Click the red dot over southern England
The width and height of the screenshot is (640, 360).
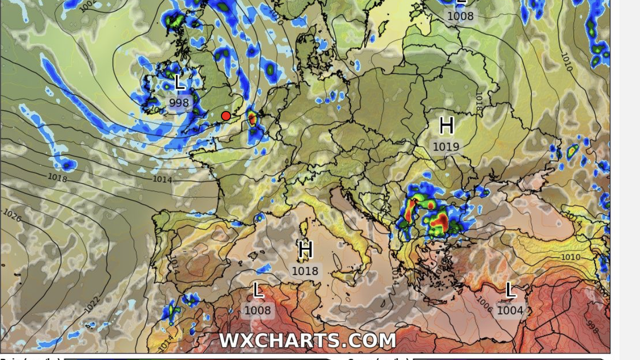(226, 116)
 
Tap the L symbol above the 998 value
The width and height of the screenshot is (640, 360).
(179, 82)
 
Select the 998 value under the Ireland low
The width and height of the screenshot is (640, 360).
(179, 103)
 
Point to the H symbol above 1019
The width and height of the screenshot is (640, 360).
(446, 125)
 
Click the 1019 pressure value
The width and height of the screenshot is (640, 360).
(446, 147)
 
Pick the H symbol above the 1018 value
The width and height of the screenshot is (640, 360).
(305, 250)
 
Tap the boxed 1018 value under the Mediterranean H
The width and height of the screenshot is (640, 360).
(305, 271)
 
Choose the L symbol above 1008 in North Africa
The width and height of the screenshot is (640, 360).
(258, 290)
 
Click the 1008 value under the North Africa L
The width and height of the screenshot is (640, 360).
(258, 311)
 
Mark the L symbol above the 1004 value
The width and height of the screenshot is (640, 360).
(510, 290)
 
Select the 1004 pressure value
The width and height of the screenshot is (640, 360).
(509, 311)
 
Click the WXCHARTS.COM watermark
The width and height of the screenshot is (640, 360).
(307, 340)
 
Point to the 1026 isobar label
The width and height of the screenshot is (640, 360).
(12, 215)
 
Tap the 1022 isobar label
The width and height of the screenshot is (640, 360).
(92, 304)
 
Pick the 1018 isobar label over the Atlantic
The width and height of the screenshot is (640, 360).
(57, 177)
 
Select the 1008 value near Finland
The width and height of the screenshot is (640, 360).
(460, 16)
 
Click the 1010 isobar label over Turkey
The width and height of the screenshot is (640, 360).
(570, 257)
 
